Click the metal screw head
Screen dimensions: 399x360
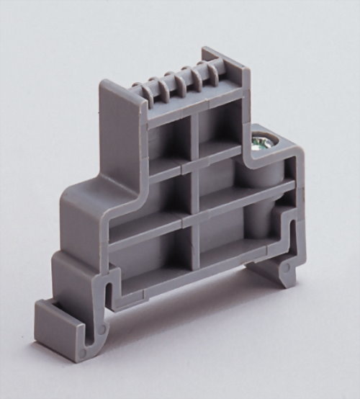tap(263, 142)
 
